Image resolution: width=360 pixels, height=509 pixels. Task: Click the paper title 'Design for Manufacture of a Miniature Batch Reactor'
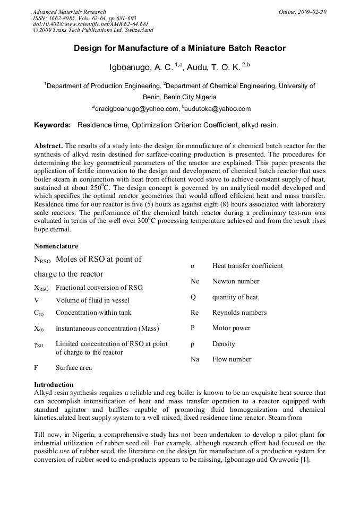coord(179,48)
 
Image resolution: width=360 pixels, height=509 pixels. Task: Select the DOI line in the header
coord(90,24)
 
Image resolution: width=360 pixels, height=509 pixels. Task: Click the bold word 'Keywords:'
coord(52,125)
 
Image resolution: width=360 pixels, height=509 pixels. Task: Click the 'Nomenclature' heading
coord(56,246)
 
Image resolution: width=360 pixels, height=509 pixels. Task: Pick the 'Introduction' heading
coord(54,385)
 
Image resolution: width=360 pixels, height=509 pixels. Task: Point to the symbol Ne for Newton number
coord(195,281)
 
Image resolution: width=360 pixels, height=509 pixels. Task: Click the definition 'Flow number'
coord(232,359)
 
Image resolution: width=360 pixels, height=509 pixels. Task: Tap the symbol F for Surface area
coord(36,368)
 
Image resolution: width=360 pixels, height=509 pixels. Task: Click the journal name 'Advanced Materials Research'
coord(69,12)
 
